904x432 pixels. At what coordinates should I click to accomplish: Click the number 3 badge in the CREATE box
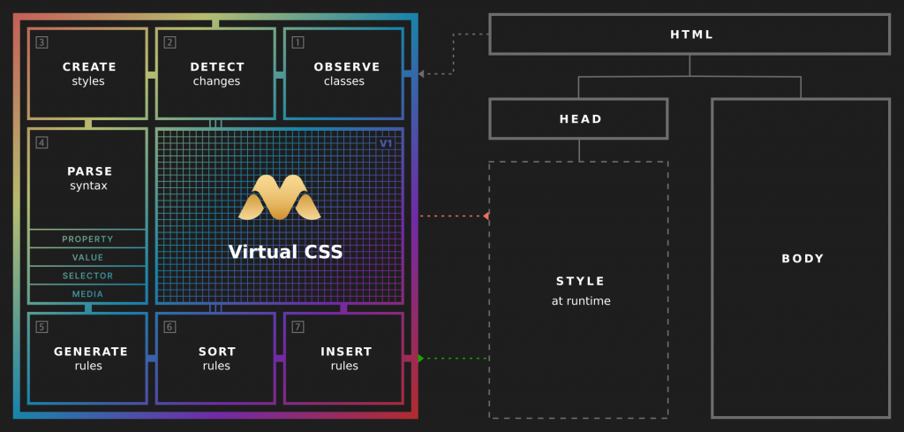pyautogui.click(x=42, y=42)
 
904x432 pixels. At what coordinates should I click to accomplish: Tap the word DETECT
pyautogui.click(x=217, y=66)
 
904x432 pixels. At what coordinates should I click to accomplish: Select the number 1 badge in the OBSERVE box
pyautogui.click(x=298, y=42)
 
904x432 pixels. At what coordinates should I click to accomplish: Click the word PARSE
pyautogui.click(x=89, y=171)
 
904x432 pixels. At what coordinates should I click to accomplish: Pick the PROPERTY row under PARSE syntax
pyautogui.click(x=88, y=239)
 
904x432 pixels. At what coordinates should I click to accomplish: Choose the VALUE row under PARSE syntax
pyautogui.click(x=88, y=257)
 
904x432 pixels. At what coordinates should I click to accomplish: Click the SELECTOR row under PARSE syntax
pyautogui.click(x=88, y=276)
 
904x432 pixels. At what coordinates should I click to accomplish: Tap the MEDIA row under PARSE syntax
pyautogui.click(x=88, y=294)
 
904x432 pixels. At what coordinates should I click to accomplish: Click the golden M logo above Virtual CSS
pyautogui.click(x=280, y=198)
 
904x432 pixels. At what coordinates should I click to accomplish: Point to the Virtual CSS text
pyautogui.click(x=285, y=252)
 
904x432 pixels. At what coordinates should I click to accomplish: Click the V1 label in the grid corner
pyautogui.click(x=386, y=143)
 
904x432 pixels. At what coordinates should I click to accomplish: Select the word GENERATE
pyautogui.click(x=90, y=351)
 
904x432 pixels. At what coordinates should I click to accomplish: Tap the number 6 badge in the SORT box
pyautogui.click(x=169, y=327)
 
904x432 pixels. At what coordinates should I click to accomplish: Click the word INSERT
pyautogui.click(x=345, y=351)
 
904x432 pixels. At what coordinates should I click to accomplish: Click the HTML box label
pyautogui.click(x=691, y=34)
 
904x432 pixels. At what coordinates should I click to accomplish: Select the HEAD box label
pyautogui.click(x=580, y=119)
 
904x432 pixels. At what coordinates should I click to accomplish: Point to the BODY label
pyautogui.click(x=802, y=259)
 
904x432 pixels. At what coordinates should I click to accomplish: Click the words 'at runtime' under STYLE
pyautogui.click(x=580, y=301)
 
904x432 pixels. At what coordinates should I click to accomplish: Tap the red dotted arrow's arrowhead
pyautogui.click(x=486, y=216)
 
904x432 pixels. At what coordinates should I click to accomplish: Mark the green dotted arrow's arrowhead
pyautogui.click(x=421, y=358)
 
